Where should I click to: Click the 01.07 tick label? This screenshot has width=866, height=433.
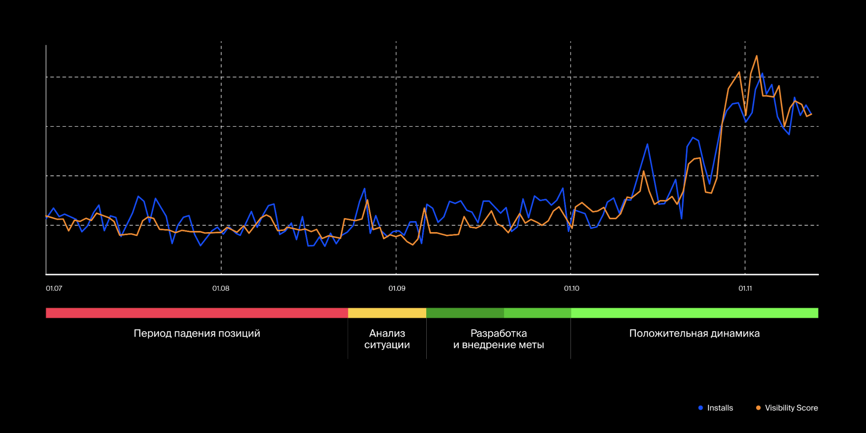coord(54,289)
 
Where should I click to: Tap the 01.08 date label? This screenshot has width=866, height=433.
coord(221,289)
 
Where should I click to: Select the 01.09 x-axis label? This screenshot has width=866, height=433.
coord(397,289)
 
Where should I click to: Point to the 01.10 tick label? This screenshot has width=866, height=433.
coord(571,289)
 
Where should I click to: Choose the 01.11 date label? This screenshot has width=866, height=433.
coord(745,289)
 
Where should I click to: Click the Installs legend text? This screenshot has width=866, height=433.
coord(720,408)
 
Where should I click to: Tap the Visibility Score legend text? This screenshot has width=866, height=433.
coord(791,408)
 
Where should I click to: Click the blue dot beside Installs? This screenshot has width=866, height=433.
coord(701,408)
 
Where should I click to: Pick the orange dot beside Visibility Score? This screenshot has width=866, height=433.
coord(758,408)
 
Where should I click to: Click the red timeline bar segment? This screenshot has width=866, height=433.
coord(197,313)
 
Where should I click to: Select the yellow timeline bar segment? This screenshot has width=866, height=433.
coord(387,313)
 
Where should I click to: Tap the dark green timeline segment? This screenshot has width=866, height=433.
coord(465,313)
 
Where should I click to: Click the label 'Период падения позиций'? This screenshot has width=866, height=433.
coord(197,334)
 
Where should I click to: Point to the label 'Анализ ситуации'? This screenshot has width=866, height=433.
coord(387,339)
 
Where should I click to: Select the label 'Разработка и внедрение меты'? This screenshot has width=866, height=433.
coord(499,339)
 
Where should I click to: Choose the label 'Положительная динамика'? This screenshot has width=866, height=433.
coord(694,334)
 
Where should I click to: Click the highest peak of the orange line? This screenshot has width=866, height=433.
coord(757,56)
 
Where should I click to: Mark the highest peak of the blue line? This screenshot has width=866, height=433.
coord(762,74)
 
